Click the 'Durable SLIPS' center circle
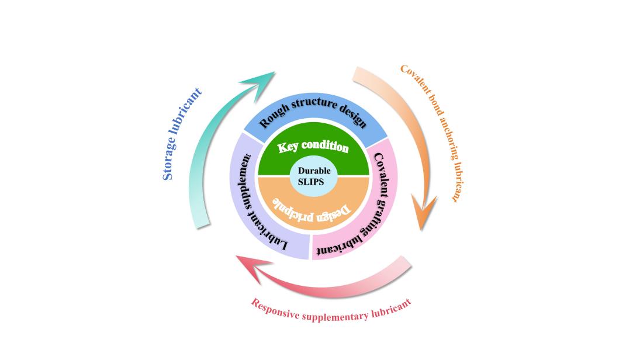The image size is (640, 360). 314,176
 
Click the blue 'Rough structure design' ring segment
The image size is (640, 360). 313,113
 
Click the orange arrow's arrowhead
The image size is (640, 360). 424,214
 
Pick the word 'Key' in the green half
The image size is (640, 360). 288,147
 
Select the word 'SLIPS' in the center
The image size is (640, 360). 314,181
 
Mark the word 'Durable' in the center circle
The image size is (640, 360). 314,171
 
